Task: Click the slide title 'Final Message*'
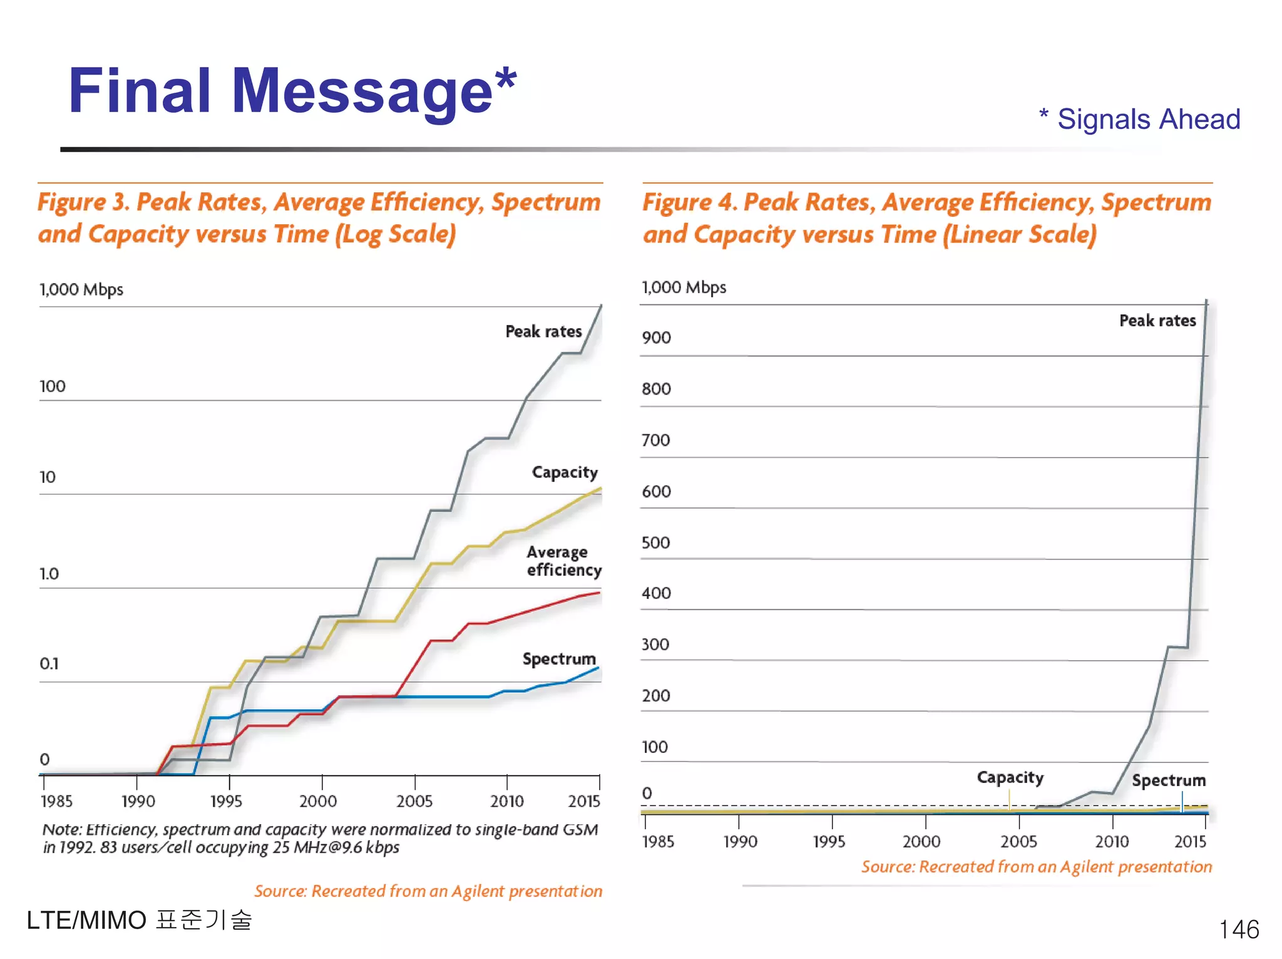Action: [x=292, y=91]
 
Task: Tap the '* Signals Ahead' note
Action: [x=1139, y=119]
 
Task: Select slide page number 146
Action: [x=1238, y=929]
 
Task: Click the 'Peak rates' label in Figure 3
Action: [x=543, y=331]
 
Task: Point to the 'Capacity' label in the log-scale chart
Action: [x=565, y=472]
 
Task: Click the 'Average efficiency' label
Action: [x=563, y=561]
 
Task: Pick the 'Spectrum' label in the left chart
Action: [x=559, y=659]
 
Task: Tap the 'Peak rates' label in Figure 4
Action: [x=1157, y=321]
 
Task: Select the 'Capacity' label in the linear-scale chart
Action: [x=1010, y=777]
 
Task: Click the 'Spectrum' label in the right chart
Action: [x=1168, y=780]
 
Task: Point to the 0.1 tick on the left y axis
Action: [x=49, y=663]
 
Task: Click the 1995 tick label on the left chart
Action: [x=226, y=801]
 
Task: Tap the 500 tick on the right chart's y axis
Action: [x=655, y=542]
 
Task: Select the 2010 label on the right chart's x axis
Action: [x=1112, y=841]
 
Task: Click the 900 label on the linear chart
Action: [x=656, y=338]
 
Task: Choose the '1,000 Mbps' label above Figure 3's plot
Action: [x=81, y=289]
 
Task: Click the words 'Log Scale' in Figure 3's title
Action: [x=396, y=234]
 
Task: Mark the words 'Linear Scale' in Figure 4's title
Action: [x=1020, y=234]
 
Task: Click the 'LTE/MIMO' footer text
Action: [x=86, y=920]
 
